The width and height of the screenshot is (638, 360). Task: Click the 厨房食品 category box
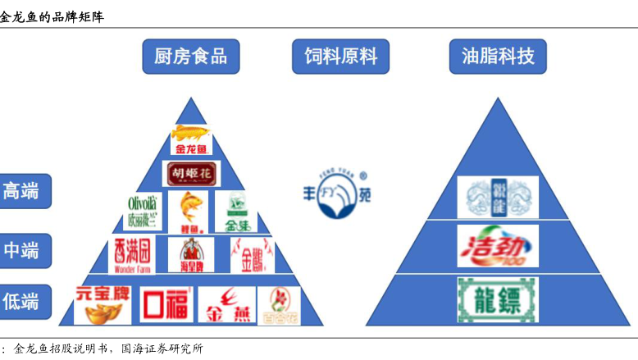click(x=190, y=56)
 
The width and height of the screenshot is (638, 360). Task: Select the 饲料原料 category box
click(x=340, y=56)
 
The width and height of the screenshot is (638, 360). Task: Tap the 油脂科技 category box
click(x=498, y=56)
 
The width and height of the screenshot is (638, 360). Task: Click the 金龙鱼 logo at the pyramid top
click(x=191, y=139)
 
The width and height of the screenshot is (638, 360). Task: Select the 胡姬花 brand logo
click(x=191, y=174)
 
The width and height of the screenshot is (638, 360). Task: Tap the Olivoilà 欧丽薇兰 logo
click(x=144, y=212)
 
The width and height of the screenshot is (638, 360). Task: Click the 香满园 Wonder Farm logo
click(x=132, y=255)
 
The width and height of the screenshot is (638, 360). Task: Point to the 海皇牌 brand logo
click(x=190, y=255)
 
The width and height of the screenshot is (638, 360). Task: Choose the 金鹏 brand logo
click(x=252, y=255)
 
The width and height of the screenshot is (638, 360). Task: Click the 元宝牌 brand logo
click(x=102, y=304)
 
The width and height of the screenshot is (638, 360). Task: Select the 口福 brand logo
click(x=166, y=304)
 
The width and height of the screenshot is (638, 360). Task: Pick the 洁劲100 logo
click(x=498, y=245)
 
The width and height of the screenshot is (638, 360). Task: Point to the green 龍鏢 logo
click(x=498, y=299)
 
